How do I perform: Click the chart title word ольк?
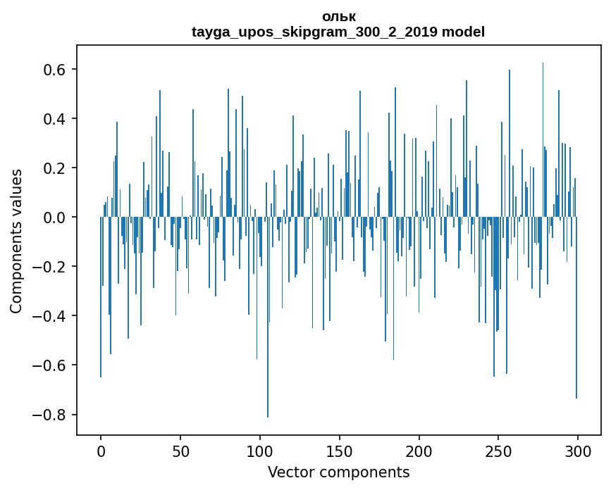[338, 17]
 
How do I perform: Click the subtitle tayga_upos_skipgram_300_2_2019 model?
[338, 32]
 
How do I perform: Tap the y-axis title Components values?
[16, 241]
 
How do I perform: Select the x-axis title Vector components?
[338, 472]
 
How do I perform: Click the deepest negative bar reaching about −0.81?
[268, 352]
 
